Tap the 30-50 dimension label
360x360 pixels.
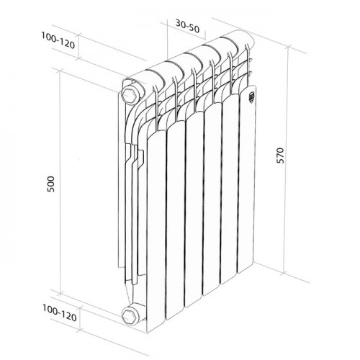pos(188,24)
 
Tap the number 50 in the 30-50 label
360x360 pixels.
pos(194,24)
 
